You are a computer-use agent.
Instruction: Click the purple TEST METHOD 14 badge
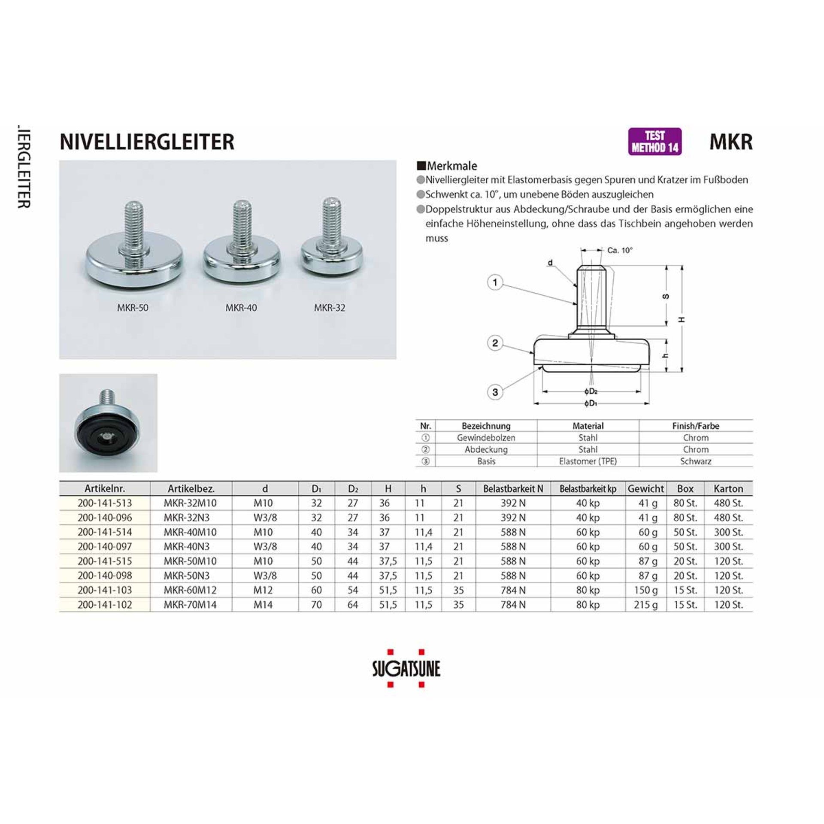pyautogui.click(x=654, y=142)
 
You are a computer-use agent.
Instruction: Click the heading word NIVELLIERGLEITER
pyautogui.click(x=147, y=142)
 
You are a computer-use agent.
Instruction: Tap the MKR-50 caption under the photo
pyautogui.click(x=133, y=308)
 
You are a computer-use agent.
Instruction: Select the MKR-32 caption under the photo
pyautogui.click(x=330, y=308)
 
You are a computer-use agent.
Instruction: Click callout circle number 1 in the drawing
pyautogui.click(x=495, y=282)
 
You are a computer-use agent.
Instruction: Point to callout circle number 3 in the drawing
pyautogui.click(x=495, y=392)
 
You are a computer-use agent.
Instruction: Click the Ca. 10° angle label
pyautogui.click(x=620, y=250)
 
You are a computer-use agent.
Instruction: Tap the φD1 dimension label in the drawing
pyautogui.click(x=591, y=404)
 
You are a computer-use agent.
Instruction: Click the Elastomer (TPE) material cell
pyautogui.click(x=588, y=461)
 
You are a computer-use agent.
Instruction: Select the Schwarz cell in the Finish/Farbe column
pyautogui.click(x=696, y=461)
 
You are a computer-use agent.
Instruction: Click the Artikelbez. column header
pyautogui.click(x=191, y=488)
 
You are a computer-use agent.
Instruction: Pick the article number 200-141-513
pyautogui.click(x=105, y=503)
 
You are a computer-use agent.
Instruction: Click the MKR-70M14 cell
pyautogui.click(x=190, y=605)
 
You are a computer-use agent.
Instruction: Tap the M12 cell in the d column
pyautogui.click(x=263, y=590)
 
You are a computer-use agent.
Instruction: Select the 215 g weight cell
pyautogui.click(x=646, y=605)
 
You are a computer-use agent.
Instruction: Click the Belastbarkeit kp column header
pyautogui.click(x=588, y=488)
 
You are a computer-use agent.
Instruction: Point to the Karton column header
pyautogui.click(x=728, y=488)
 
